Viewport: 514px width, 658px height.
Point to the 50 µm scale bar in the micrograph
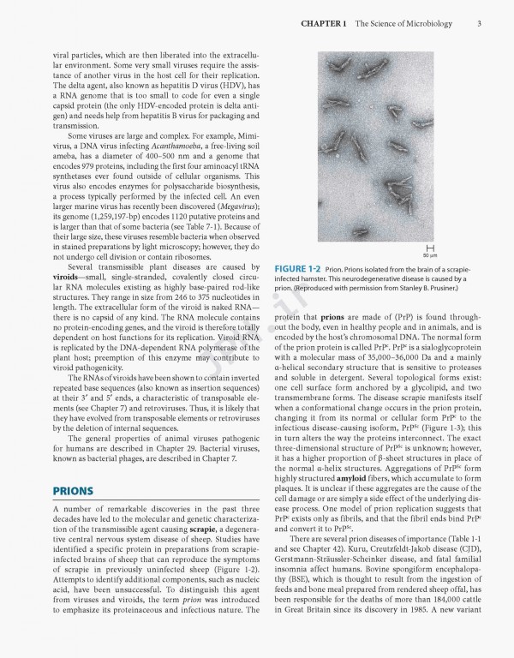point(473,248)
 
